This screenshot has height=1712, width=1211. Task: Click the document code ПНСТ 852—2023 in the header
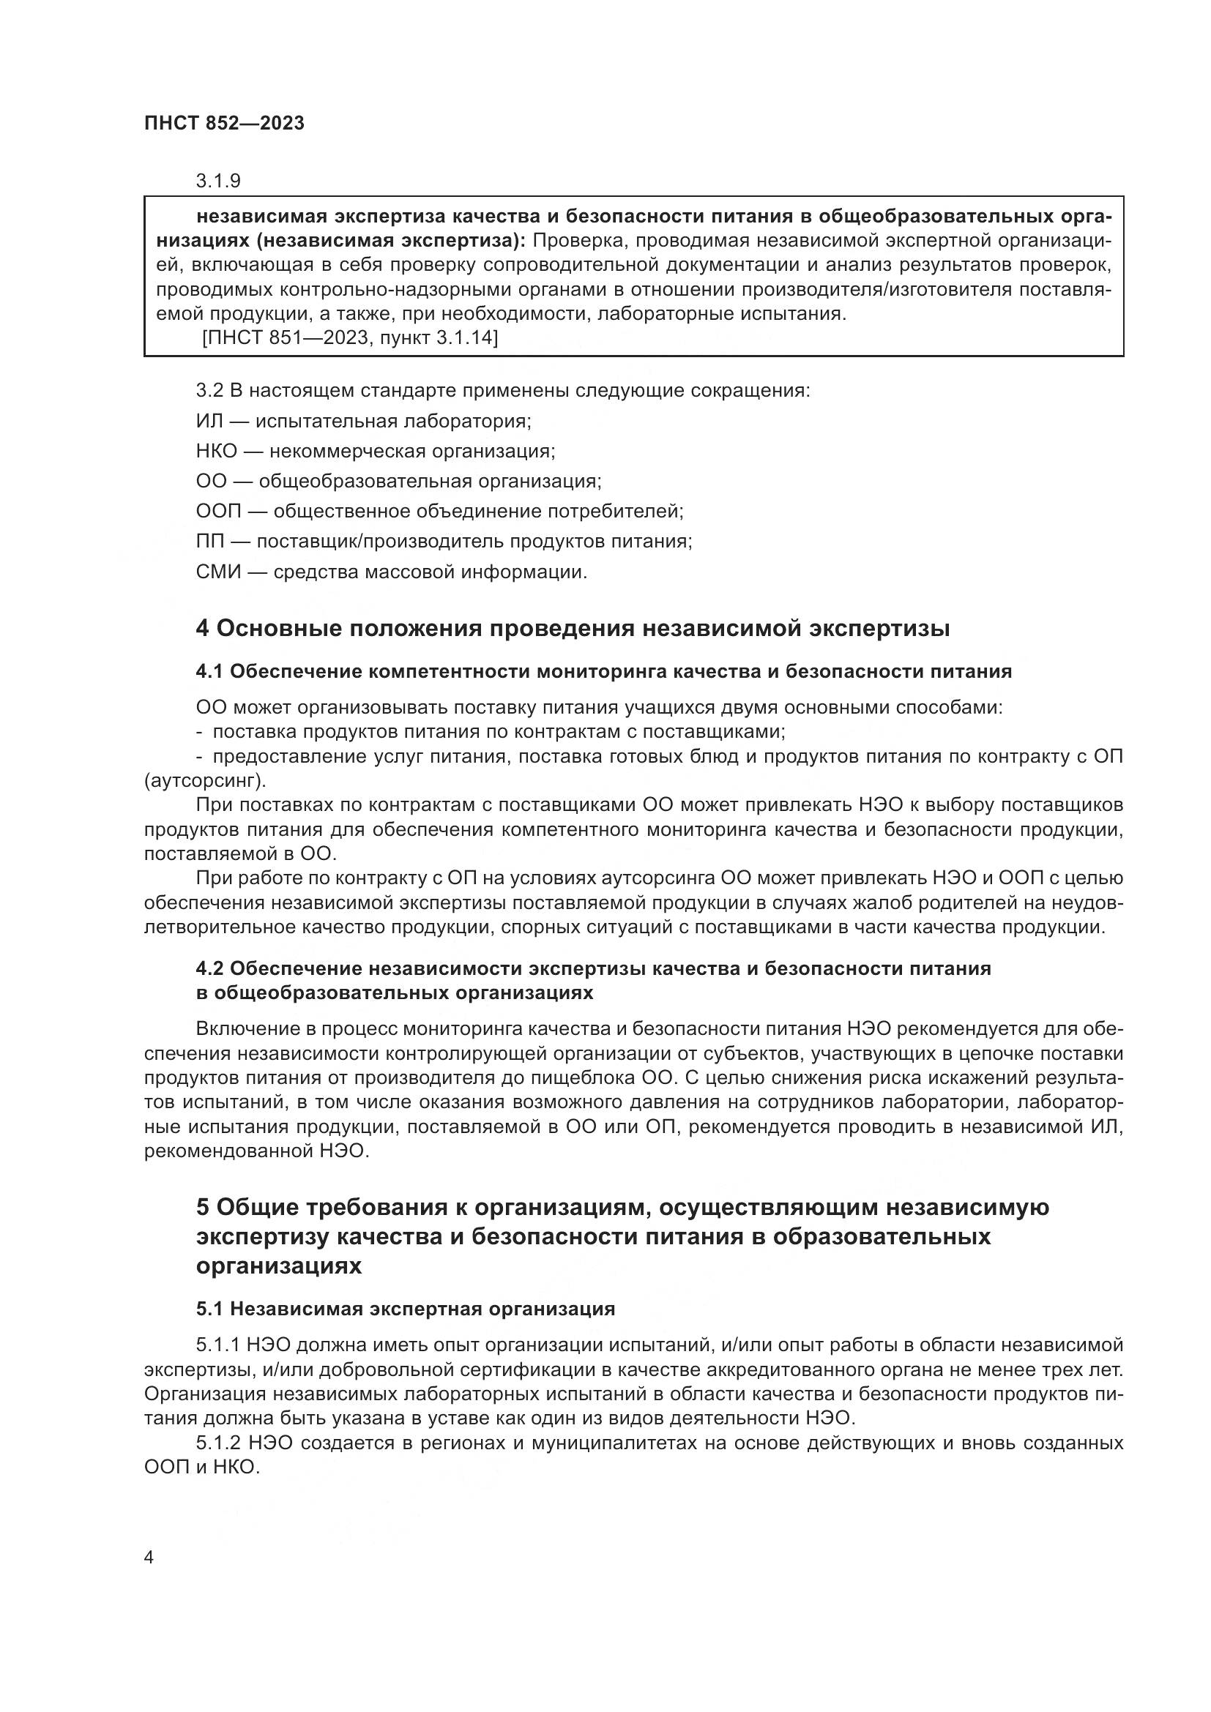point(225,124)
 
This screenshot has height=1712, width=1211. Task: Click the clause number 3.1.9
point(217,182)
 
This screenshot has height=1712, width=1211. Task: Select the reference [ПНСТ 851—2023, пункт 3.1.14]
point(350,337)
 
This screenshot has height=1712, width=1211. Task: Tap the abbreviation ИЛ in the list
point(209,422)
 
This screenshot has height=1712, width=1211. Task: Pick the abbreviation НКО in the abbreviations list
point(216,451)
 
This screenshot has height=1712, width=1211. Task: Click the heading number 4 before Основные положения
point(202,629)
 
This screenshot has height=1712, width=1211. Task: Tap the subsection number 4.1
point(209,672)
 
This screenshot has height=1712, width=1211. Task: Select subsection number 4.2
point(209,968)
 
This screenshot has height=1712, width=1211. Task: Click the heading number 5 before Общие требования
point(202,1207)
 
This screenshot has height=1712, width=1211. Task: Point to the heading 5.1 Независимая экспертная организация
point(405,1309)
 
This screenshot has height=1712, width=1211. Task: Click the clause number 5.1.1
point(217,1345)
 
